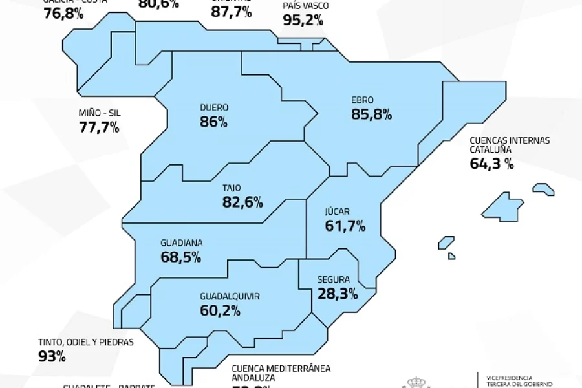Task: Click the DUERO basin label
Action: [x=215, y=107]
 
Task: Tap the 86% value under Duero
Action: [x=214, y=122]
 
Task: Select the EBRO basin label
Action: [x=362, y=100]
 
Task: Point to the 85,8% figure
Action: [x=372, y=115]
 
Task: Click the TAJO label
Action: [x=232, y=188]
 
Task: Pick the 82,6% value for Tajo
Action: [x=242, y=202]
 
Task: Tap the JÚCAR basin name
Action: [x=337, y=211]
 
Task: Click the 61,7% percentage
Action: [x=345, y=226]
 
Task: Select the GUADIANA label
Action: [x=181, y=243]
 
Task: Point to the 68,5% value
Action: [x=180, y=257]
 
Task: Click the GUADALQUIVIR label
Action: [x=230, y=296]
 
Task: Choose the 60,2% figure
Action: [x=221, y=311]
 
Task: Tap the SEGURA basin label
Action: [x=334, y=280]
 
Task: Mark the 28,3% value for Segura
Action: [x=338, y=295]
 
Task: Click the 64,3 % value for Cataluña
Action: [x=491, y=164]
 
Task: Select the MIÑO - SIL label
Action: [x=100, y=113]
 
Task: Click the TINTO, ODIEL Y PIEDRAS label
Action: [x=86, y=342]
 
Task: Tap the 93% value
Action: [x=52, y=356]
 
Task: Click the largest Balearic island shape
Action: [x=502, y=207]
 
